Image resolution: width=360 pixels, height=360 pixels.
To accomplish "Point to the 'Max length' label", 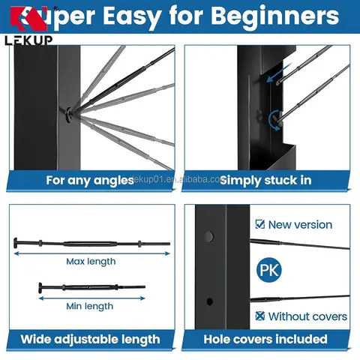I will [x=91, y=262].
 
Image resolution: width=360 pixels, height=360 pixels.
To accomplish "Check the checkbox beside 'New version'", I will [x=259, y=224].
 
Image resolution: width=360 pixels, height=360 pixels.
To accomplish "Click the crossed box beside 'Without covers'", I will [x=259, y=316].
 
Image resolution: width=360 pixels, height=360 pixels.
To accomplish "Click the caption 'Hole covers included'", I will [x=265, y=340].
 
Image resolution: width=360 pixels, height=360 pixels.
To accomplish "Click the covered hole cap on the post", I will [x=209, y=237].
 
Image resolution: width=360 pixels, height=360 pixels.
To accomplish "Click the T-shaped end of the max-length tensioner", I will [x=16, y=243].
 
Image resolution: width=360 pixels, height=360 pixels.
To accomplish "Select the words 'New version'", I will [x=300, y=224].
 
